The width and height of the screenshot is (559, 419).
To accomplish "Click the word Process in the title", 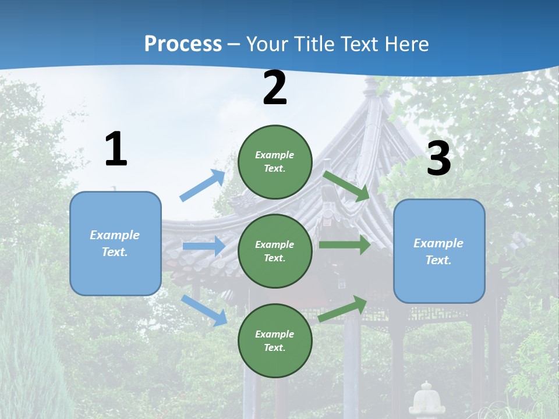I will (183, 44).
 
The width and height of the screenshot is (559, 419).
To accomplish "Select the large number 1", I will (116, 150).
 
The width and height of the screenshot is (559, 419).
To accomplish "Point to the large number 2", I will (275, 88).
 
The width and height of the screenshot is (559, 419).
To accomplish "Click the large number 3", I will (438, 159).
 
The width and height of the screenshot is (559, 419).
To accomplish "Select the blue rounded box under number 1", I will (115, 243).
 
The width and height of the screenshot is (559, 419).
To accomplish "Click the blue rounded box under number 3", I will (439, 251).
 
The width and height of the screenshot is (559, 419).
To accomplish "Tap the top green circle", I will (275, 162).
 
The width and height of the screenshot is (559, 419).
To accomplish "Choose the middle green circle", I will (275, 251).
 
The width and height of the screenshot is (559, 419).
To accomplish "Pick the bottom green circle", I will (275, 340).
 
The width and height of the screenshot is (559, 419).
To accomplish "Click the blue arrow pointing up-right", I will (203, 186).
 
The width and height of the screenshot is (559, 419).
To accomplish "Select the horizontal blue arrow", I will (204, 246).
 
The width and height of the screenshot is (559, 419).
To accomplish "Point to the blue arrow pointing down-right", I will (204, 310).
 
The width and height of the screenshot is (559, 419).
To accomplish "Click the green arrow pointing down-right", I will (346, 186).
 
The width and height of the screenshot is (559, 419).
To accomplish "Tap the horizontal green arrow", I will (344, 245).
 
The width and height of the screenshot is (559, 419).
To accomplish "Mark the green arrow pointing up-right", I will (343, 309).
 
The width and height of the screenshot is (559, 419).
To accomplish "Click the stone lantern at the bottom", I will (426, 400).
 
